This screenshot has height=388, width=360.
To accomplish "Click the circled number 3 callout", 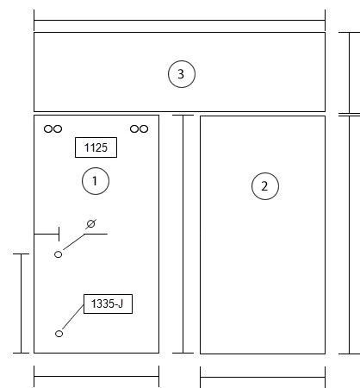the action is click(182, 74).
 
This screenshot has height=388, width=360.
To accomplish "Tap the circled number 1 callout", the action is click(96, 181).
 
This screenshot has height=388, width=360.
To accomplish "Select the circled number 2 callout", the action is click(265, 186).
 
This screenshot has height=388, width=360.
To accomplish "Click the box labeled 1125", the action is click(96, 147).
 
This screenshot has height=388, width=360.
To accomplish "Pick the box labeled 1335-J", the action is click(108, 304).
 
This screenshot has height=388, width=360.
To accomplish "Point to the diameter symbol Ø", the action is click(90, 224).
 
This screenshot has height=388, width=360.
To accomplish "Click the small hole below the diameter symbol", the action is click(58, 254).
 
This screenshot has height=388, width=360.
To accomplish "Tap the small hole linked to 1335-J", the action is click(59, 334).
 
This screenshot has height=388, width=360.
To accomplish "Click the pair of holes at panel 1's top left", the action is click(53, 128).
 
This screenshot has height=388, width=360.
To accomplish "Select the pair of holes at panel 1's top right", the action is click(139, 128).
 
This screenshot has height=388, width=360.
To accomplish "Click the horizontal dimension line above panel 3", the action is click(179, 21).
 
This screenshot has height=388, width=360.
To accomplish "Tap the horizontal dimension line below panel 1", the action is click(96, 376).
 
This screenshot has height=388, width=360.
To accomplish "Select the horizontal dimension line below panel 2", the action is click(263, 377).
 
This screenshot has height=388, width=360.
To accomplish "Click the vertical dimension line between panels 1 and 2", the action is click(183, 234).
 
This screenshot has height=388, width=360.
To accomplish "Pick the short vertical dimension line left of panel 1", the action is click(21, 304).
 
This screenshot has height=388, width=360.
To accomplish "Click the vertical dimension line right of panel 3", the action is click(350, 73).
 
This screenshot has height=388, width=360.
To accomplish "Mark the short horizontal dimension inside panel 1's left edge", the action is click(47, 234).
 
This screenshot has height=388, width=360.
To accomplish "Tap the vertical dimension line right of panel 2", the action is click(350, 235).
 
